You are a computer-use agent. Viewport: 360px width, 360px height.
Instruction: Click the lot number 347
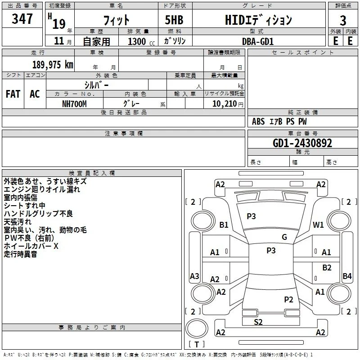[x=22, y=18]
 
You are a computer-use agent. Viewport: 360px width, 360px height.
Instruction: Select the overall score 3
[x=343, y=21]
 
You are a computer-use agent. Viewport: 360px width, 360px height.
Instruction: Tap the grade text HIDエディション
[x=258, y=20]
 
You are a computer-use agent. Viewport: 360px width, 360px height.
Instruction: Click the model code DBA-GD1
[x=258, y=41]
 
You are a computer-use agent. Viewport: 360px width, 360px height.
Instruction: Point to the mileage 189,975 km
[x=53, y=65]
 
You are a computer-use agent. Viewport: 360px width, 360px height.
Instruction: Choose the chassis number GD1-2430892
[x=302, y=143]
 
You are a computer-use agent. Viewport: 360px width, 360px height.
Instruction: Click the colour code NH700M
[x=74, y=104]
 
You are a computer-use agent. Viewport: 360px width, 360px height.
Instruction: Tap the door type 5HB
[x=174, y=20]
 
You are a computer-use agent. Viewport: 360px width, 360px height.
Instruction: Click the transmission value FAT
[x=13, y=94]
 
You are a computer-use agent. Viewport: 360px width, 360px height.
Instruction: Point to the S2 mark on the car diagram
[x=258, y=322]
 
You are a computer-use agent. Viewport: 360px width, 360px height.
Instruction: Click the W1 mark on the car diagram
[x=318, y=225]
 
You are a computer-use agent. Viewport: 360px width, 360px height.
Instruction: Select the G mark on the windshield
[x=284, y=237]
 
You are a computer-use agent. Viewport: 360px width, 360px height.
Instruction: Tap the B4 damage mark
[x=347, y=276]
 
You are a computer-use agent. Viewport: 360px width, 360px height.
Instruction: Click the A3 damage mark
[x=194, y=276]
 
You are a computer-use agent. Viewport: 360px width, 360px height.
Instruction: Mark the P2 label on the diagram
[x=288, y=300]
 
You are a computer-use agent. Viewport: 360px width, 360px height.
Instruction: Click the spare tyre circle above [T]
[x=197, y=328]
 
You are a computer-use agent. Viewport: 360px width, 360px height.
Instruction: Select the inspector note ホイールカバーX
[x=31, y=246]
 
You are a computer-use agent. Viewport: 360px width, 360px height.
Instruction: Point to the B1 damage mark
[x=224, y=225]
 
